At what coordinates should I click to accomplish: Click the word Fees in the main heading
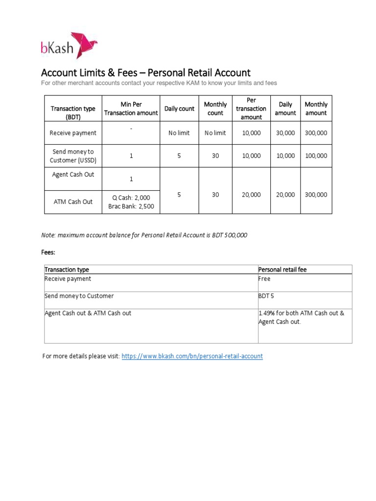click(130, 73)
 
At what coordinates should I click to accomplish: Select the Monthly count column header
click(215, 109)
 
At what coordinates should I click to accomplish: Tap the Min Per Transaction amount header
click(131, 109)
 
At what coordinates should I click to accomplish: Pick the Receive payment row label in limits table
click(73, 133)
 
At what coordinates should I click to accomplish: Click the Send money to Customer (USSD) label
click(73, 156)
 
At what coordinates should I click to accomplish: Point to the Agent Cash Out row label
click(73, 175)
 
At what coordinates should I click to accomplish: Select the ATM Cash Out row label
click(73, 202)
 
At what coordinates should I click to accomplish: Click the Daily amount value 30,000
click(285, 133)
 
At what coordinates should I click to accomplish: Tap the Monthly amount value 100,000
click(316, 156)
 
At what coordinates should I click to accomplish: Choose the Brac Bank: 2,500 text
click(131, 206)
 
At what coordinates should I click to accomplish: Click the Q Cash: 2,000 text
click(131, 198)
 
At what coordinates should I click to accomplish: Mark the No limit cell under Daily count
click(179, 133)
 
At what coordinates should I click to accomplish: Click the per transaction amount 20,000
click(251, 195)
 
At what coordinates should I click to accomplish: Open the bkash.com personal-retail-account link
click(192, 356)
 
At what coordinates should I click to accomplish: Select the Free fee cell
click(264, 279)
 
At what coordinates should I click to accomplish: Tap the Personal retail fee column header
click(282, 270)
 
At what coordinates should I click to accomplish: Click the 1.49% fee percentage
click(267, 313)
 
